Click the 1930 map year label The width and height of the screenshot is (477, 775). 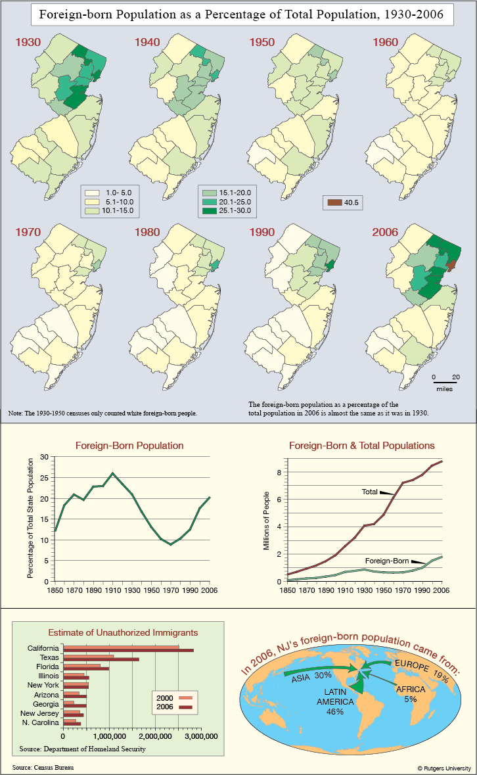[28, 42]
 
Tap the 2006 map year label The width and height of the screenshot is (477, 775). [385, 232]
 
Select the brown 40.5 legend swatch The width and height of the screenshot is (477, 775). [335, 202]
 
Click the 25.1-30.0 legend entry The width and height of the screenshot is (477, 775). [227, 210]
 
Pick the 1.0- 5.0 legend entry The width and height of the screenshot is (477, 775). [108, 193]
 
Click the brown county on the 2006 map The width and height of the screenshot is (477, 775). [451, 266]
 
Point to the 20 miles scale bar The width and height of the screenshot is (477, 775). [445, 382]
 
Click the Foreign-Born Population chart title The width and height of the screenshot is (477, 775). [129, 446]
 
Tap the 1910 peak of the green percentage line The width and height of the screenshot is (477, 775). [112, 473]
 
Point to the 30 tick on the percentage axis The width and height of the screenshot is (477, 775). [45, 457]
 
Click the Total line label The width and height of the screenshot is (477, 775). [369, 492]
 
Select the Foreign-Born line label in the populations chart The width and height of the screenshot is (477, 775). [387, 561]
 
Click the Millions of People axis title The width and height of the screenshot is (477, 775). [267, 521]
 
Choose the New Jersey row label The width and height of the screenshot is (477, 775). [39, 713]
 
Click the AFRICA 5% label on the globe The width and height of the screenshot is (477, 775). [411, 694]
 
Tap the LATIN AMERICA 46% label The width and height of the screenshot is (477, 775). [335, 702]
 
